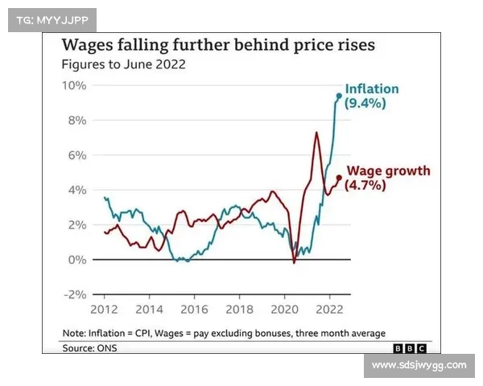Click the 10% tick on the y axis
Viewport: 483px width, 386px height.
(x=75, y=85)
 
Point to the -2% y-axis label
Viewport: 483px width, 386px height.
(x=75, y=294)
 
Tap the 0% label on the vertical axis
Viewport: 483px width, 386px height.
(x=78, y=260)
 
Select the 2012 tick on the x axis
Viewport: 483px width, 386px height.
(x=104, y=309)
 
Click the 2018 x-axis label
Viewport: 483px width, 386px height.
(x=239, y=309)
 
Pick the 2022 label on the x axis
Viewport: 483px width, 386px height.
(x=328, y=309)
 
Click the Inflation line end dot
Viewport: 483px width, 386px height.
(x=339, y=96)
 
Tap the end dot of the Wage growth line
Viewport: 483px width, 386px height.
(x=339, y=178)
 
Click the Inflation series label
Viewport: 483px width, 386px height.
(x=372, y=89)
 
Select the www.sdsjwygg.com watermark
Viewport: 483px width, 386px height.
(x=419, y=365)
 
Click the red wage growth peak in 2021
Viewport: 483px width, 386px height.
(x=316, y=132)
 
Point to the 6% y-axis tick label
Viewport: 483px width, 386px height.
(x=78, y=155)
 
